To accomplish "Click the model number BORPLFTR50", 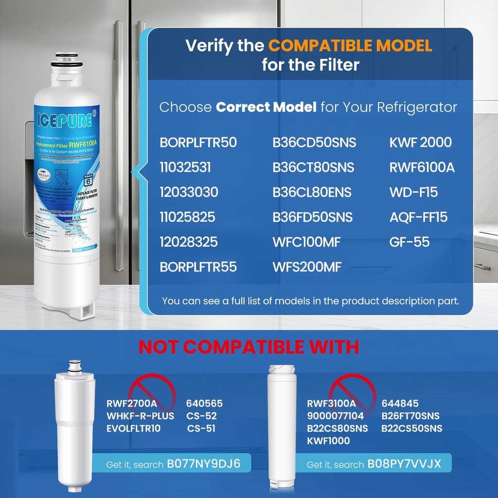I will click(198, 142).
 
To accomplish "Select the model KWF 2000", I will click(421, 142).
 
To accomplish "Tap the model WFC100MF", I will click(306, 242).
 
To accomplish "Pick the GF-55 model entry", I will click(409, 242).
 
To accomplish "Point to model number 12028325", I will click(189, 242).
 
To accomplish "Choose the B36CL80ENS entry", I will click(312, 192).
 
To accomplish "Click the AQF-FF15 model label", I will click(418, 217).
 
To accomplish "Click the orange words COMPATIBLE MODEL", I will click(350, 46).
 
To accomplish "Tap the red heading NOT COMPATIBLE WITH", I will click(249, 347).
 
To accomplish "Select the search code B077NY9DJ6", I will click(203, 463).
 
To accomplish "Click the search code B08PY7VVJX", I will click(404, 464).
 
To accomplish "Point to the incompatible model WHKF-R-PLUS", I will click(140, 416).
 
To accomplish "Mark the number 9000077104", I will click(335, 416).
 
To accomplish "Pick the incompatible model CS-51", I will click(201, 429).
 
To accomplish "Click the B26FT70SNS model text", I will click(410, 416).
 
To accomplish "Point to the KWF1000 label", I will click(328, 441).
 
